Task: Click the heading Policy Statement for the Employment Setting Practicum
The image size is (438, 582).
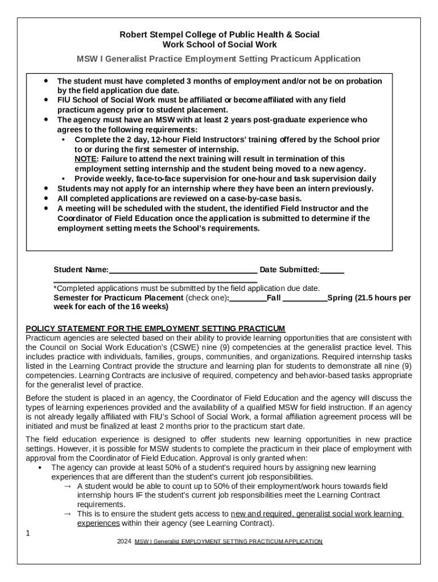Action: click(155, 329)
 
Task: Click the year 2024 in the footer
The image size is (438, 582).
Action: click(124, 542)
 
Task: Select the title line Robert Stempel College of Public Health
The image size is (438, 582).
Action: click(219, 35)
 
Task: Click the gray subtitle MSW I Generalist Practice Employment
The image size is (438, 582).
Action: click(219, 59)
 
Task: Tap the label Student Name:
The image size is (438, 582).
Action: click(81, 269)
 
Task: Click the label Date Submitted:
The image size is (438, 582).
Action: click(289, 269)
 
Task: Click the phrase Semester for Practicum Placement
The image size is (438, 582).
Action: click(118, 297)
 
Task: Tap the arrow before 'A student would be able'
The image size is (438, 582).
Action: click(67, 487)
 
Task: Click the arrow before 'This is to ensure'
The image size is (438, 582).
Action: click(67, 514)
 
